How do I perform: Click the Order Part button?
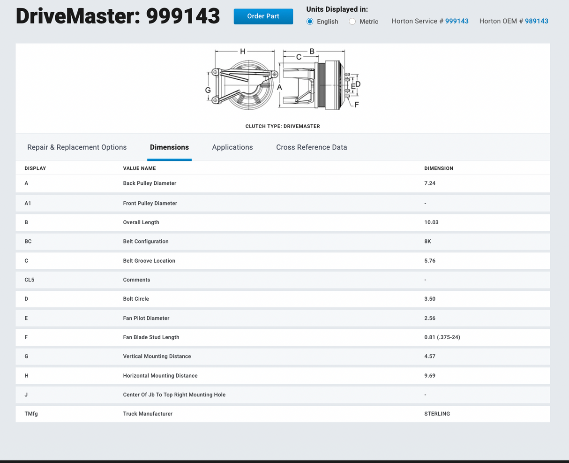[x=263, y=16]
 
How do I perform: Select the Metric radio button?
[x=352, y=22]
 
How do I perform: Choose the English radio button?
[x=310, y=22]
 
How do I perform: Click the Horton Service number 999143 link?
[x=457, y=21]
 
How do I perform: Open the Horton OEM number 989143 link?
[x=536, y=21]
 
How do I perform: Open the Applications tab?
[x=232, y=147]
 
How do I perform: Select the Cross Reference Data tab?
[x=312, y=147]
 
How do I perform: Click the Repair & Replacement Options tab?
[x=77, y=147]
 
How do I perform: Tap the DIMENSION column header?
[x=439, y=168]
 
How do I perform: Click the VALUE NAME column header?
[x=140, y=168]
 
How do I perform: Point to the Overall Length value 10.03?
[x=431, y=222]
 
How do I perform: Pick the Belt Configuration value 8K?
[x=427, y=242]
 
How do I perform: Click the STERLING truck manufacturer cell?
[x=437, y=414]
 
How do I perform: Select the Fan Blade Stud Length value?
[x=442, y=337]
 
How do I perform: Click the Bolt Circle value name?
[x=136, y=299]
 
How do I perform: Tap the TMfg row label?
[x=31, y=414]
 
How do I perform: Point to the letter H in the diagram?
[x=243, y=51]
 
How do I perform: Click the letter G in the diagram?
[x=208, y=91]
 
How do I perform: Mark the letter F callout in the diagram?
[x=357, y=105]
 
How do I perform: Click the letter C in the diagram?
[x=299, y=57]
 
